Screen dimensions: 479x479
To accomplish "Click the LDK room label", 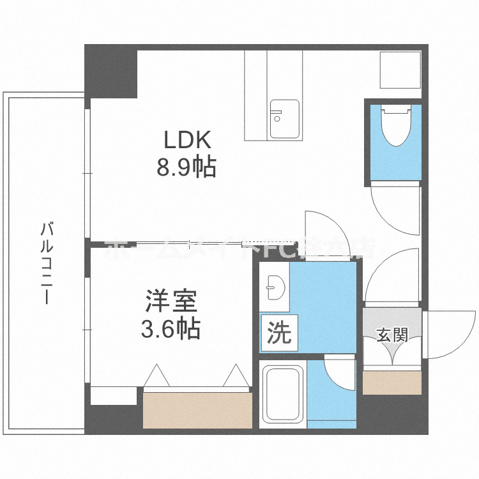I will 186,139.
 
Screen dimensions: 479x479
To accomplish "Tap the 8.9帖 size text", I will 186,167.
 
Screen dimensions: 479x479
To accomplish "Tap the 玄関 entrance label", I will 392,335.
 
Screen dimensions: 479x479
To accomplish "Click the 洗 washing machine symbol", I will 278,333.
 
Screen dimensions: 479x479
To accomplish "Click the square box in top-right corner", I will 400,70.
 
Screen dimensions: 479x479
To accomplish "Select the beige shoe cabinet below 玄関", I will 392,383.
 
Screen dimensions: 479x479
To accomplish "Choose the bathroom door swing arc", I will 339,374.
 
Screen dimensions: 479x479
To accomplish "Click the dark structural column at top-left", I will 111,70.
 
